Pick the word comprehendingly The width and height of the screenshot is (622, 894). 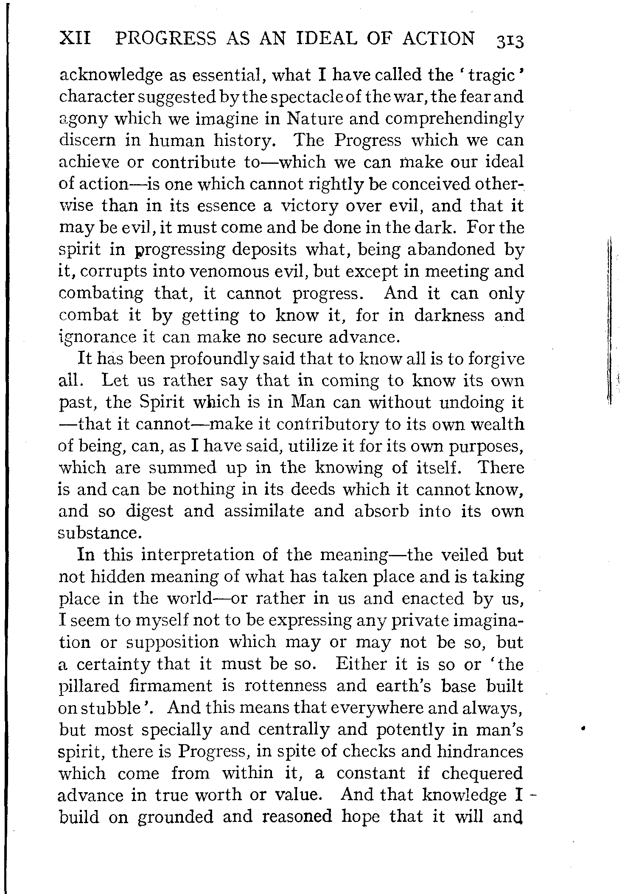(448, 119)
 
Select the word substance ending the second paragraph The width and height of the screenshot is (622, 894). (98, 533)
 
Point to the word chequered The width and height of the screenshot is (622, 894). (482, 773)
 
